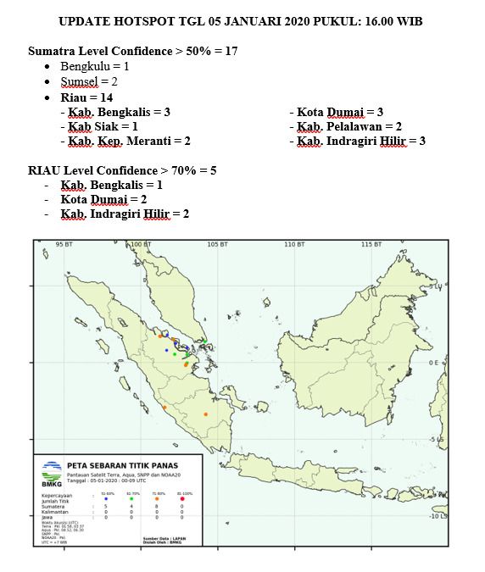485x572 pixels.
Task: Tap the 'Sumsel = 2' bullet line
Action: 89,81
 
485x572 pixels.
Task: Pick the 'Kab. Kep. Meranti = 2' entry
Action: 125,141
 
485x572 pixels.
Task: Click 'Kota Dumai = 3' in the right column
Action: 336,112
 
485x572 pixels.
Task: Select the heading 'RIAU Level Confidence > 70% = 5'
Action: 122,170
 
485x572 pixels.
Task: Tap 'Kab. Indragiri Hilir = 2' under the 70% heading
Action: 125,214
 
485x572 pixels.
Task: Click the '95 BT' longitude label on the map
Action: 64,244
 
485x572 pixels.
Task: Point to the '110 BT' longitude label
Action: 294,244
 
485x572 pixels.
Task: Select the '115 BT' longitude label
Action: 371,244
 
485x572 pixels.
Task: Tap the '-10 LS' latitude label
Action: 437,515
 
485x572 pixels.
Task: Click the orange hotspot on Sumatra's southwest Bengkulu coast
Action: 164,408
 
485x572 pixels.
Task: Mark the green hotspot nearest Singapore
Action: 205,342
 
